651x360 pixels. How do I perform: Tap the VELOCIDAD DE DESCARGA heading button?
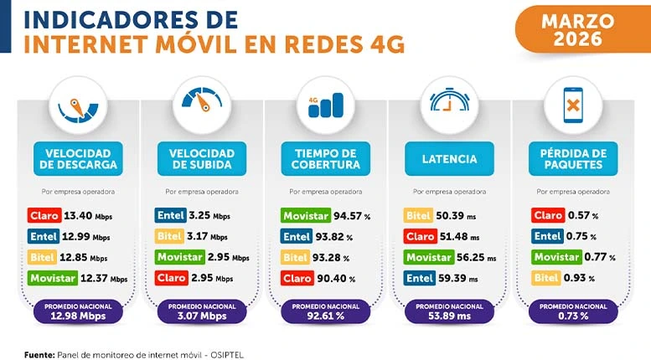tap(79, 158)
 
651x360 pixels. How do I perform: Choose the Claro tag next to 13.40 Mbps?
tap(43, 216)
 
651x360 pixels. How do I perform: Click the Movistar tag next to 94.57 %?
tap(304, 216)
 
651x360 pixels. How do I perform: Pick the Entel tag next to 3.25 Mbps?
tap(171, 216)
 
